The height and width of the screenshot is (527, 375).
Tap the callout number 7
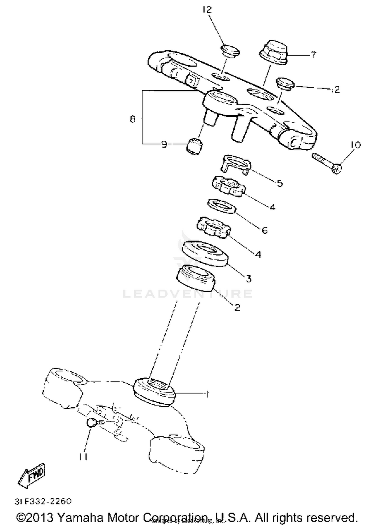pos(313,55)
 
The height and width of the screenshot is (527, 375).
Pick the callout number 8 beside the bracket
pos(132,119)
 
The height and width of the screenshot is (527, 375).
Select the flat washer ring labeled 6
pos(221,206)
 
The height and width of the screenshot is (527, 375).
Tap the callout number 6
pos(264,230)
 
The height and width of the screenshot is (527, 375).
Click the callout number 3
pos(248,278)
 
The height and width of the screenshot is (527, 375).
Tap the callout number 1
pos(207,394)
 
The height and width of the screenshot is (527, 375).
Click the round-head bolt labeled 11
pos(91,422)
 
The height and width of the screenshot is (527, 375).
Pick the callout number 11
pos(83,457)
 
